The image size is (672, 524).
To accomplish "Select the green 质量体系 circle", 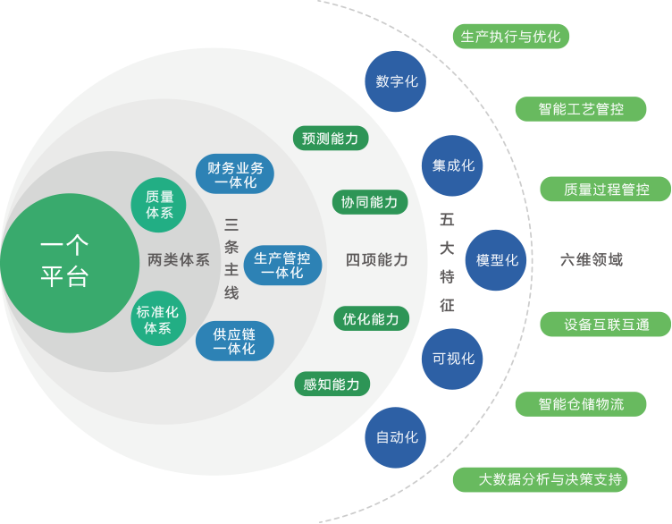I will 159,206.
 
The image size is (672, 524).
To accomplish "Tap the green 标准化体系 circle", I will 159,319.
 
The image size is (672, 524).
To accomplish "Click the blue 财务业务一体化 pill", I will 235,174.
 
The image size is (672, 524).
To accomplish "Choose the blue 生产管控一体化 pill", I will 282,265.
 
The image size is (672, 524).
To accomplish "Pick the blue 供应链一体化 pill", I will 234,342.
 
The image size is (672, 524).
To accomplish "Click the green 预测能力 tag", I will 330,139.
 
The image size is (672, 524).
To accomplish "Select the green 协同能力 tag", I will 369,202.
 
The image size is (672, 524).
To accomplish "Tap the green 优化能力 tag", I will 370,318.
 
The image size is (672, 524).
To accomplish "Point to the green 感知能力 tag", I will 332,385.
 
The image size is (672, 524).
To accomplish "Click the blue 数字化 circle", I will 396,81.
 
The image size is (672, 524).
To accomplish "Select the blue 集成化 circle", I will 452,165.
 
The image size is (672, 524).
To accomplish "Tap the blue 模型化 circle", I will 497,260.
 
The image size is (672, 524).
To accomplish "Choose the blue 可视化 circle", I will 452,359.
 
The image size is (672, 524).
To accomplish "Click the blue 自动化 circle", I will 396,438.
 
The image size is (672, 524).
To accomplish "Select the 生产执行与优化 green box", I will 511,37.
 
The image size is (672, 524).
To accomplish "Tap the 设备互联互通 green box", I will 605,325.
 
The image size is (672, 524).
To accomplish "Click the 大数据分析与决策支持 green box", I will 540,479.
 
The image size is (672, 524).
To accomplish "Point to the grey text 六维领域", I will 591,260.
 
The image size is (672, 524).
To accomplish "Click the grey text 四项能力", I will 376,260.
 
